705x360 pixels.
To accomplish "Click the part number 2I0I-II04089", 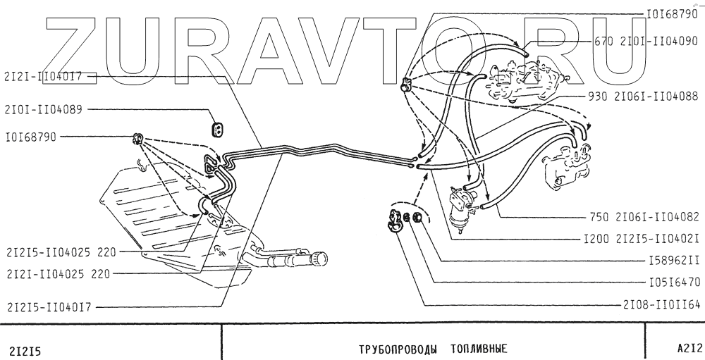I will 44,110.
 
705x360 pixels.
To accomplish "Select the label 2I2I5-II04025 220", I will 59,251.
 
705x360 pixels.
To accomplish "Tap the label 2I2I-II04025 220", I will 57,273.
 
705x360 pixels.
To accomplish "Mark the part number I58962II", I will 673,261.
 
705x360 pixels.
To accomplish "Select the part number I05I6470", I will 673,284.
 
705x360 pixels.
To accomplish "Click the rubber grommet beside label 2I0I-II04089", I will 218,129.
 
